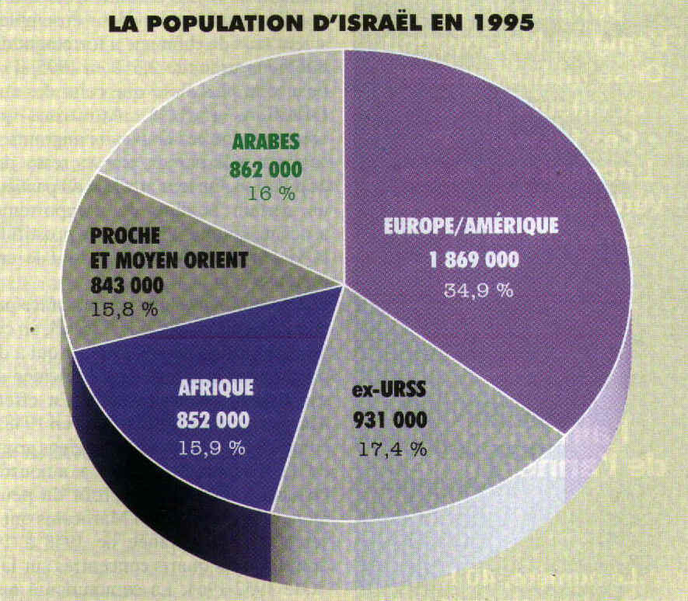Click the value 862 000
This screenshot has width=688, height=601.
pyautogui.click(x=266, y=168)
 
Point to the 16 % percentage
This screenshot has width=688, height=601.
pyautogui.click(x=271, y=193)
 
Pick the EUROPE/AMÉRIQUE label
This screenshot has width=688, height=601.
pyautogui.click(x=471, y=226)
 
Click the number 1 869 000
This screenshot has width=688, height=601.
pyautogui.click(x=473, y=260)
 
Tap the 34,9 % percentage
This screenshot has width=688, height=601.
pyautogui.click(x=478, y=290)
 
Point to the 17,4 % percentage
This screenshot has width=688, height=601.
pyautogui.click(x=393, y=449)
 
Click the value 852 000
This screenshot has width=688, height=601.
pyautogui.click(x=213, y=420)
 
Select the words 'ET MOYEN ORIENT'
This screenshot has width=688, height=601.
pyautogui.click(x=169, y=259)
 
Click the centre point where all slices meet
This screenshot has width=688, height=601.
pyautogui.click(x=344, y=287)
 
